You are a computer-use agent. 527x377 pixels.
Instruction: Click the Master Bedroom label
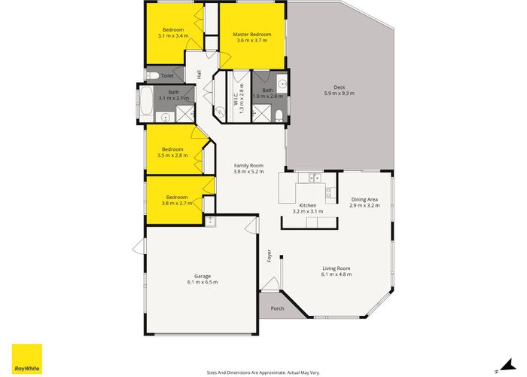pos(251,35)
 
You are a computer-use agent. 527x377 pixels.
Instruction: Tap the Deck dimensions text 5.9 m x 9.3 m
pos(339,93)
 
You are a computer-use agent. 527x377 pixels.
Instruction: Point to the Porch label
pos(277,308)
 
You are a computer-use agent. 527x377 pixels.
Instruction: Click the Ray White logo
pos(26,359)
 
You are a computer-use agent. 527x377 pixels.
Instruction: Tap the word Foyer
pos(269,256)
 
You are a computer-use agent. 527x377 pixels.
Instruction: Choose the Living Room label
pos(337,268)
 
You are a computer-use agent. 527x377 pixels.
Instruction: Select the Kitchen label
pos(306,205)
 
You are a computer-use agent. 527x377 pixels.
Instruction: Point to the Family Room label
pos(248,165)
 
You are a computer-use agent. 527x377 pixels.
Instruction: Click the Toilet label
pos(166,75)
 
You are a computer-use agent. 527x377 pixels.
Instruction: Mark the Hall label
pos(199,74)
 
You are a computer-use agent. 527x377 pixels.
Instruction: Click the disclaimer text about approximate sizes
pos(263,371)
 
